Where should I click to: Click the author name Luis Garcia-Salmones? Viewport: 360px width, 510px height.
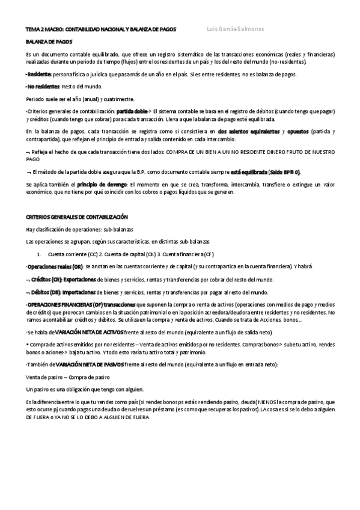pos(234,29)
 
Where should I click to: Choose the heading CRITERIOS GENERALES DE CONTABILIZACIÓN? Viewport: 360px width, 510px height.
pos(76,217)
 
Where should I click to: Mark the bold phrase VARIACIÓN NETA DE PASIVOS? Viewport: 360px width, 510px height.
pos(90,364)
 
